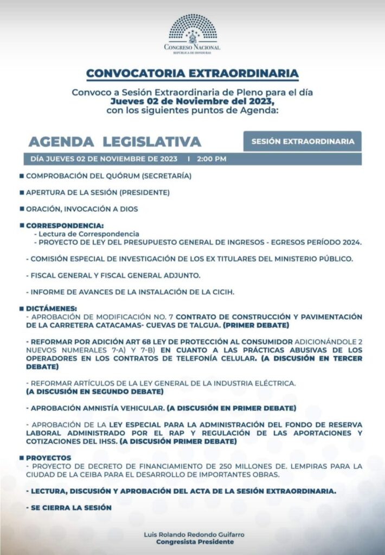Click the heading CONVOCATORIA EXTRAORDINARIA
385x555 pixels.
(193, 73)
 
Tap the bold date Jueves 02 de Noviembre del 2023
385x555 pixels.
(193, 102)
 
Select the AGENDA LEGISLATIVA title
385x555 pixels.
(114, 141)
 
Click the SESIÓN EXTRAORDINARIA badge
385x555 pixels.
(303, 141)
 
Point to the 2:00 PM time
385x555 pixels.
(212, 159)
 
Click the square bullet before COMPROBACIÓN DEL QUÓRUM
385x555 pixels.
(21, 176)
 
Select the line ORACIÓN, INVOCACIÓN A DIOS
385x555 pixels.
(82, 209)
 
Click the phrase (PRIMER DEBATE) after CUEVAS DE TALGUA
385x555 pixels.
(256, 325)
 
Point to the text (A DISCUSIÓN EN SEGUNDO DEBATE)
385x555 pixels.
(94, 391)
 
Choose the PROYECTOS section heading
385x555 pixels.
(49, 458)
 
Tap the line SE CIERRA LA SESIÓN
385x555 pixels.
(69, 508)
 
